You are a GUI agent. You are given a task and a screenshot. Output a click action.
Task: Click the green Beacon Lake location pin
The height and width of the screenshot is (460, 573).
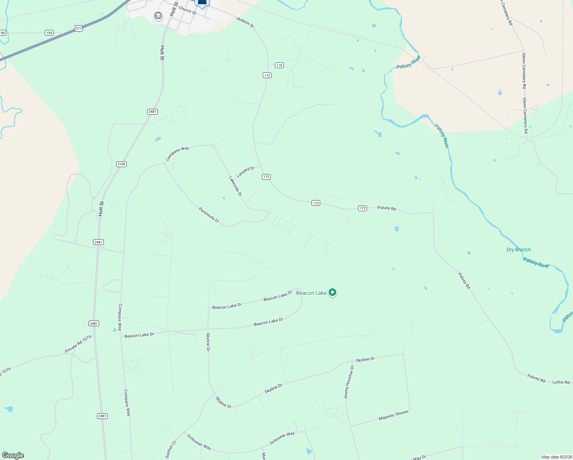point(332,292)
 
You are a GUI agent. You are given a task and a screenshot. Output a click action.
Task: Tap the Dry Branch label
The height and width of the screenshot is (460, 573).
point(519,250)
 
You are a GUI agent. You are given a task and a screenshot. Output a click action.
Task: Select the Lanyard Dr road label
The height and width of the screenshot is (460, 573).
point(246,172)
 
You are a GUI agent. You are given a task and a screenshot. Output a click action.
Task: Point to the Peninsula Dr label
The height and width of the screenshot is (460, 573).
point(209,215)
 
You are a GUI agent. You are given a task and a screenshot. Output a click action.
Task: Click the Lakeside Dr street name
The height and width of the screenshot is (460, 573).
point(235,186)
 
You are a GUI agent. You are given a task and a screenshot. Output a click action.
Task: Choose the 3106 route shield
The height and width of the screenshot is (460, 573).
point(121,164)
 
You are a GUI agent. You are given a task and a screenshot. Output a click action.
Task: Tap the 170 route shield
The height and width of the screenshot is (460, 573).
point(279,66)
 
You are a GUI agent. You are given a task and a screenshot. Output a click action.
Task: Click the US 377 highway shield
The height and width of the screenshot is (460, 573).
point(79,28)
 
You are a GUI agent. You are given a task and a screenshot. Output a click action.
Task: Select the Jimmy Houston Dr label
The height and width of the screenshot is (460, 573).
point(349,382)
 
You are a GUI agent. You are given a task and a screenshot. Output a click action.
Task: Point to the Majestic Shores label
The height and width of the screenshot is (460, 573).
point(393,415)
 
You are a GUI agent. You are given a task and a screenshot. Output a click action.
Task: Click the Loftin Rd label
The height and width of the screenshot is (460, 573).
point(561,382)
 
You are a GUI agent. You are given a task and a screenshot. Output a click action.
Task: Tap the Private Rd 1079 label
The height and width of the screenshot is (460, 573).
point(78,344)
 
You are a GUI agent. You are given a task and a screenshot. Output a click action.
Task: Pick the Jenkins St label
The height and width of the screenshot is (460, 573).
point(244,22)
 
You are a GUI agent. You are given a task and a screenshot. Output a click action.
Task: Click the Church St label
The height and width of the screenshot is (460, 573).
point(187,10)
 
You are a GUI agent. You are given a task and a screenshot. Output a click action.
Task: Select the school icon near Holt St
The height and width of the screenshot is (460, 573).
point(158,16)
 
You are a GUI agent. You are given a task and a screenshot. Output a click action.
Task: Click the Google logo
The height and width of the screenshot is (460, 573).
point(13,455)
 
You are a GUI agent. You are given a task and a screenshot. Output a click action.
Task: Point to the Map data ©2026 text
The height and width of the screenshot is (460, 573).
point(556,457)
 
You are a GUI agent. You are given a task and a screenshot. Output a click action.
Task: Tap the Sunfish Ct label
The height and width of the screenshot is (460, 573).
point(170,449)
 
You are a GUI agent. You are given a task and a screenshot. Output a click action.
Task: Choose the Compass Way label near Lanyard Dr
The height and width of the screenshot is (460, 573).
point(177,153)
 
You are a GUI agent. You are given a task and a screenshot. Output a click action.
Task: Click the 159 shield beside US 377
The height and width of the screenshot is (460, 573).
point(49,33)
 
